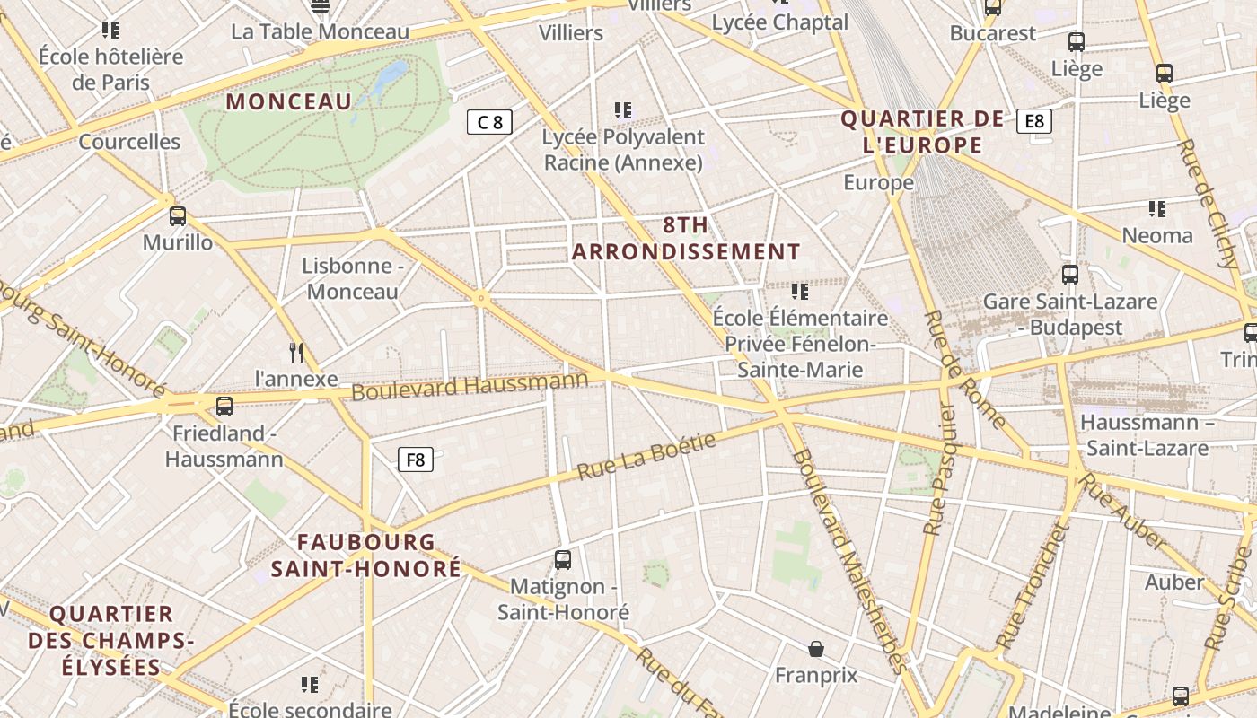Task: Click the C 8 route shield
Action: [489, 122]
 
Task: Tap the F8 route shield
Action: [416, 460]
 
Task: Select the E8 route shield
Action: [1034, 121]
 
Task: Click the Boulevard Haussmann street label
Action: [469, 386]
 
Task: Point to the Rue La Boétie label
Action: [646, 456]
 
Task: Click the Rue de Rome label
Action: [965, 369]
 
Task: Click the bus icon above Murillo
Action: [178, 216]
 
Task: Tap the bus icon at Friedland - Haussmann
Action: [224, 407]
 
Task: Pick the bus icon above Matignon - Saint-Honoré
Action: [563, 560]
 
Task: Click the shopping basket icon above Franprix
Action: [816, 648]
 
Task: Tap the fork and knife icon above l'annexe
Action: [296, 352]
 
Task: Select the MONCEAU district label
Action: [288, 101]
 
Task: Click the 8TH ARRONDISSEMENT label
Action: [686, 239]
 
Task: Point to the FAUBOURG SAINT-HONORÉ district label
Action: [366, 556]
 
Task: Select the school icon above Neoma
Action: [1157, 209]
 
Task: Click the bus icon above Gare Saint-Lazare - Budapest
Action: [1069, 275]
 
